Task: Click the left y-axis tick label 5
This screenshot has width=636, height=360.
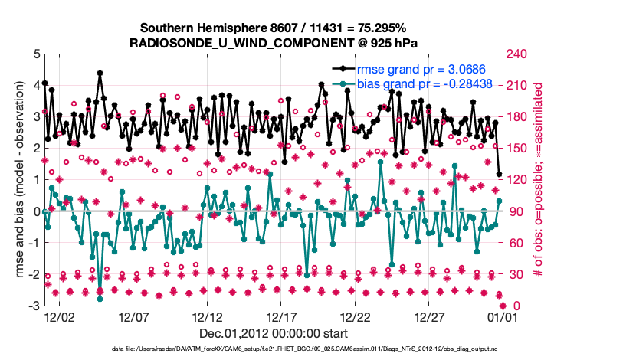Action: pyautogui.click(x=35, y=54)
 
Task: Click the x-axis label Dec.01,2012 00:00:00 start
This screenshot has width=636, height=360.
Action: pyautogui.click(x=274, y=333)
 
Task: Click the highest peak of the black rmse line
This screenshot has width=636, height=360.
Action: pyautogui.click(x=100, y=74)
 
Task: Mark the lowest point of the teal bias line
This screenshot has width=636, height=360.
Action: pyautogui.click(x=100, y=289)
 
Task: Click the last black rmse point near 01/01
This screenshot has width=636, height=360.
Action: pyautogui.click(x=500, y=175)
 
